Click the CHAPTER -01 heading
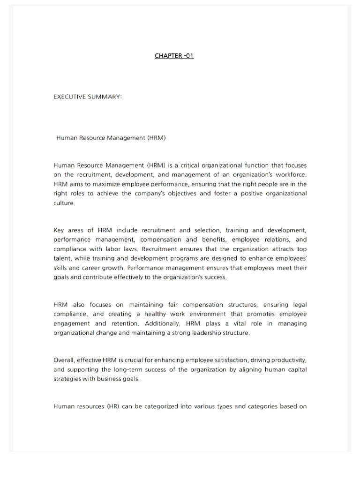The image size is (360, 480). pos(174,56)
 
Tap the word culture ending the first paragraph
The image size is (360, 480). pos(64,203)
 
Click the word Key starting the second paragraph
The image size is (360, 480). pos(60,230)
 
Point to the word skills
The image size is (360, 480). pos(61,268)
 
